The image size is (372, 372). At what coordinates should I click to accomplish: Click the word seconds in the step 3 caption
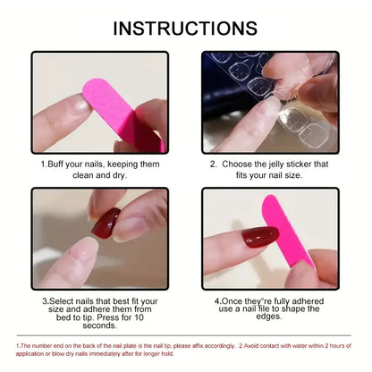point(99,325)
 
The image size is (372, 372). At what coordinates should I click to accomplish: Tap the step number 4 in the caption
point(217,301)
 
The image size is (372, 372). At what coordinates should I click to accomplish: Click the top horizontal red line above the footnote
point(186,337)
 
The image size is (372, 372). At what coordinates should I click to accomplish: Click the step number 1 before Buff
point(42,165)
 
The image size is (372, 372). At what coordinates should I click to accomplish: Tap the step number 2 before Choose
point(213,165)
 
